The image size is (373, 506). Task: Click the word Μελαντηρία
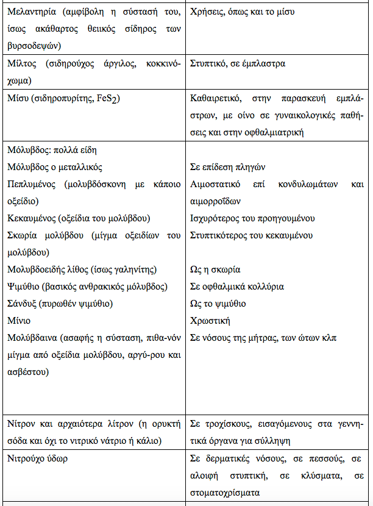31,12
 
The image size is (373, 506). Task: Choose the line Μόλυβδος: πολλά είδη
52,150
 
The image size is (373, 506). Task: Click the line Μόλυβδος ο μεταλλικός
55,167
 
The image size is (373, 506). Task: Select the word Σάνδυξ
23,304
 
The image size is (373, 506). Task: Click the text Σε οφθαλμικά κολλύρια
237,287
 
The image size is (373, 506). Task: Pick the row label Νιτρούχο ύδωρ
37,458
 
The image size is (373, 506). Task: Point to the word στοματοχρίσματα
224,492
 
